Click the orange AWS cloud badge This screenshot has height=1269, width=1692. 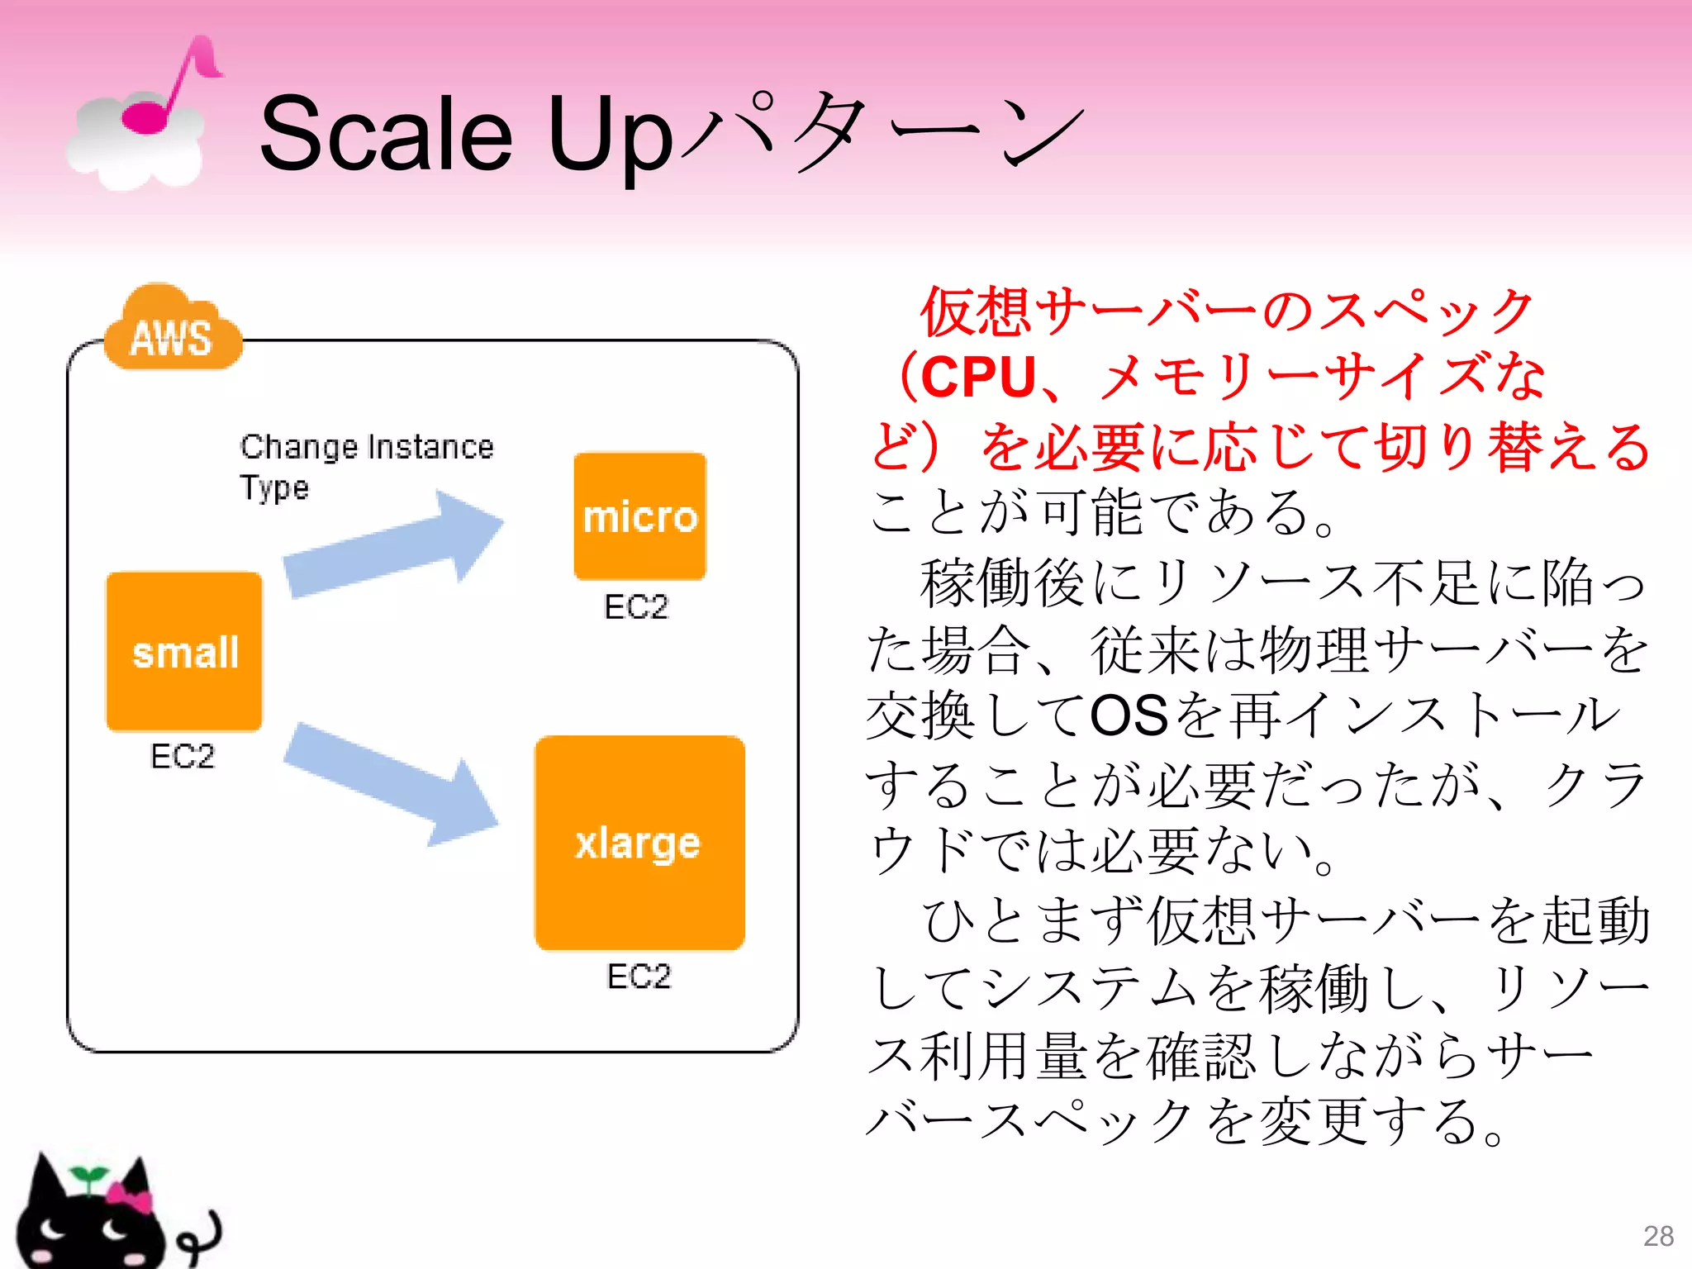(172, 332)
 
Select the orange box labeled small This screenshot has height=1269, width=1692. (184, 652)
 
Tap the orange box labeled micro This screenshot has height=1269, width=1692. (640, 516)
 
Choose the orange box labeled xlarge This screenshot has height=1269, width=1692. (639, 843)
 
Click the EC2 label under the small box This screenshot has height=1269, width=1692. (183, 757)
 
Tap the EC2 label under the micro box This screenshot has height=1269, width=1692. (635, 607)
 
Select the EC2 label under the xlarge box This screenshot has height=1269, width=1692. (639, 977)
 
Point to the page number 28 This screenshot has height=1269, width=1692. (1658, 1236)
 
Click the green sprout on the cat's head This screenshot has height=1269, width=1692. (88, 1176)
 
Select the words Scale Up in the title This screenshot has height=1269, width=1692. (466, 135)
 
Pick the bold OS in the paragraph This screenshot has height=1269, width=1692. (1129, 715)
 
